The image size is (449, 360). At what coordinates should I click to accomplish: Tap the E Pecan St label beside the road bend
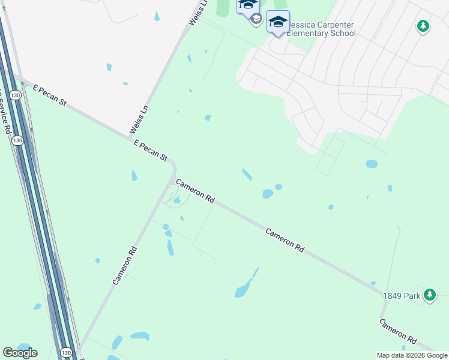point(151,151)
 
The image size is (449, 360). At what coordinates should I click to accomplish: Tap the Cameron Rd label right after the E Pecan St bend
point(195,190)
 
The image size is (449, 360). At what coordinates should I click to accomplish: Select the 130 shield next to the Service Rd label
point(17,140)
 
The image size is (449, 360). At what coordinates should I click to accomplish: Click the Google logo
point(20,353)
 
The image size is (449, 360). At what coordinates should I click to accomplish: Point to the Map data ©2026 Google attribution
point(412,355)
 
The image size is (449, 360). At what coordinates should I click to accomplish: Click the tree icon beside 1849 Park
point(429,295)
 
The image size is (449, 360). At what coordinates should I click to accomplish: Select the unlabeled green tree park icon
point(423,26)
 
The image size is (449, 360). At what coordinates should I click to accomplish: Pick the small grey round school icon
point(256,19)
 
